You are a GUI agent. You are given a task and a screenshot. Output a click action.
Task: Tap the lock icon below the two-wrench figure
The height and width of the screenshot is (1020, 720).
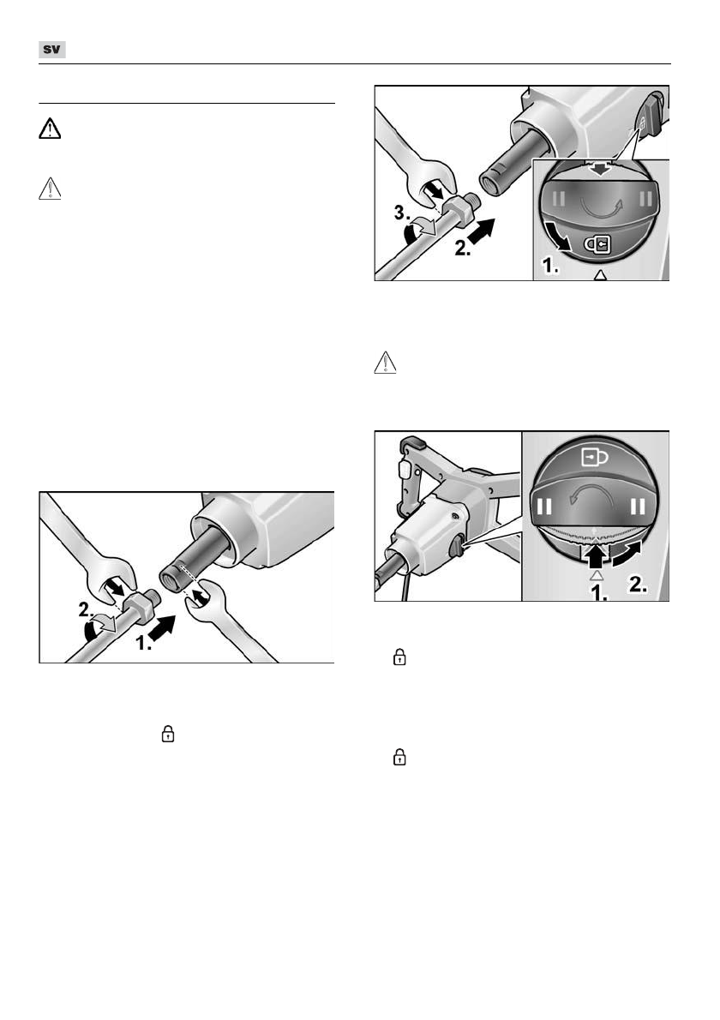(x=169, y=734)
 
